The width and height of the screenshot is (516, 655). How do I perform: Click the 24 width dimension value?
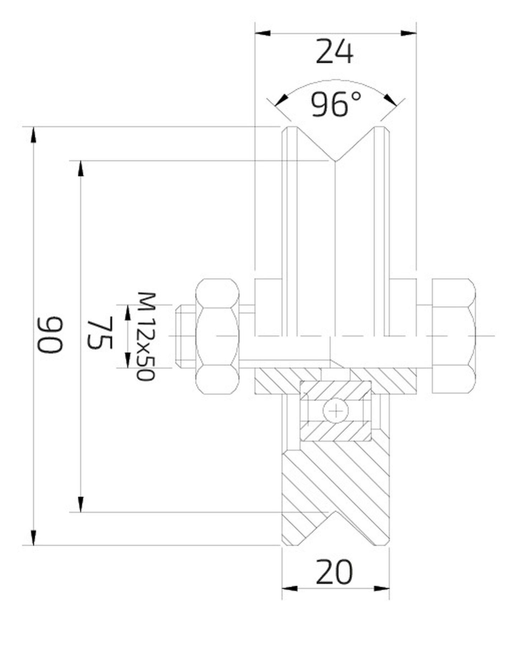click(335, 52)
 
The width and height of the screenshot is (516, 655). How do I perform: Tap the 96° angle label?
click(335, 104)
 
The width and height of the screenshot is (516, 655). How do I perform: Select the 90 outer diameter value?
click(51, 335)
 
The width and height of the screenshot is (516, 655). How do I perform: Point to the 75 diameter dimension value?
click(100, 333)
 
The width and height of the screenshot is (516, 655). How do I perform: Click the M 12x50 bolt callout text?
click(146, 337)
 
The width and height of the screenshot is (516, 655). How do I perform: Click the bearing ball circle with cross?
click(336, 411)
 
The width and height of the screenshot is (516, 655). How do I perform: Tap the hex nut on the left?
click(217, 336)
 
